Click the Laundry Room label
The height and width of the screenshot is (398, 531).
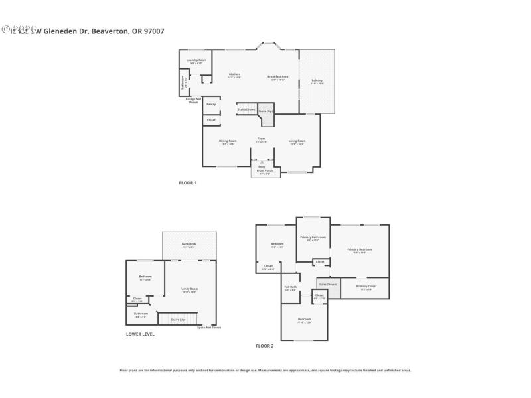196,60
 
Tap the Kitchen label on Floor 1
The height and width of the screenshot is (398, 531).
234,74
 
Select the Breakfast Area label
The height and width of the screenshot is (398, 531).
277,76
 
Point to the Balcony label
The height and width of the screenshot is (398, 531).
317,80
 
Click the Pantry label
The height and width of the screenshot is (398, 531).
211,104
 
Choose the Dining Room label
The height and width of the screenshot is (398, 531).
228,141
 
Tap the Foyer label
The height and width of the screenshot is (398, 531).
262,138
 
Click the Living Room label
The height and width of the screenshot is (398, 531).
297,141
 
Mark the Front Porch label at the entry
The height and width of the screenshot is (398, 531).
265,170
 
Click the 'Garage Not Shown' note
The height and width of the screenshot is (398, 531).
192,100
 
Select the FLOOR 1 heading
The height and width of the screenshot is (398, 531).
188,182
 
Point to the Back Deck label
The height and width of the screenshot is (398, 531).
189,244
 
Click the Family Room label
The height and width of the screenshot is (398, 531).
190,289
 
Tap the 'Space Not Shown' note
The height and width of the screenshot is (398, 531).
209,328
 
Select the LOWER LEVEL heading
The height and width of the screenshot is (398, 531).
140,334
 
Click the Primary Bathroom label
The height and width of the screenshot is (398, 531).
313,237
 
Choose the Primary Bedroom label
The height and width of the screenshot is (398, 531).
359,249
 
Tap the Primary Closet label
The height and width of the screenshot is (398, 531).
366,286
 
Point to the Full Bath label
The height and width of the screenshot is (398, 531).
291,287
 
